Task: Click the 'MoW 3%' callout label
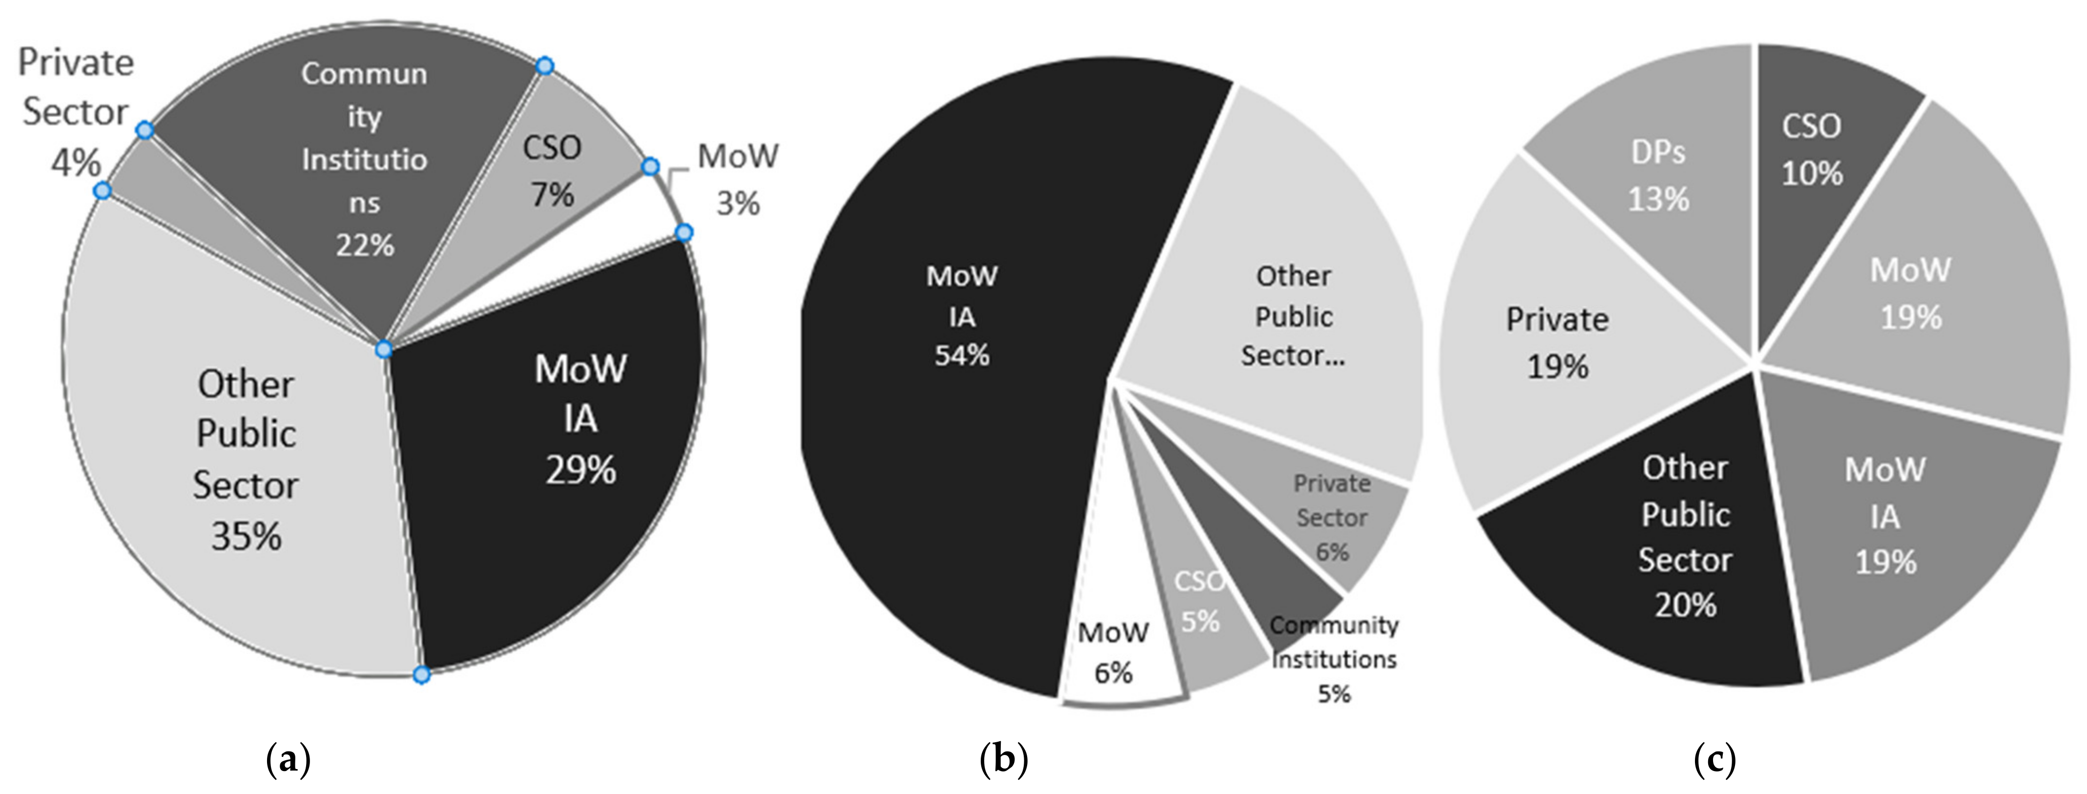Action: [737, 178]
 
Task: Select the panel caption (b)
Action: [1004, 760]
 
